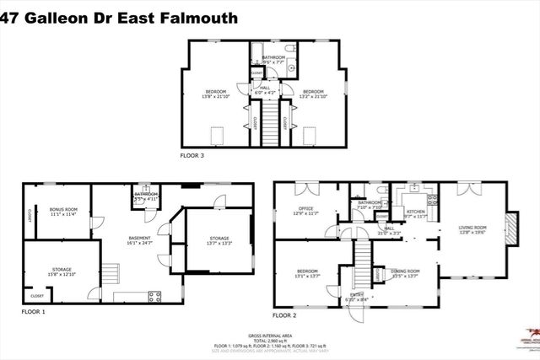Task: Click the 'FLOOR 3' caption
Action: click(x=192, y=156)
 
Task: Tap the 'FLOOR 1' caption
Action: click(x=34, y=311)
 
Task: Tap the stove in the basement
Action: click(x=155, y=295)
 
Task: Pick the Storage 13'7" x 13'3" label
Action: click(x=218, y=241)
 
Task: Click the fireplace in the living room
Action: click(x=509, y=226)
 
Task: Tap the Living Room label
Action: click(x=472, y=229)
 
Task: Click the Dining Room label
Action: click(x=405, y=273)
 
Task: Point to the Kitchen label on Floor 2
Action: click(x=414, y=214)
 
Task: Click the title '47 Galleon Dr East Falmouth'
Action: click(x=118, y=17)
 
